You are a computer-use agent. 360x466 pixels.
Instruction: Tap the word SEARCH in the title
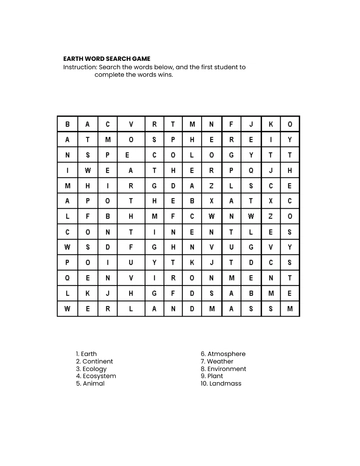(121, 59)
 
